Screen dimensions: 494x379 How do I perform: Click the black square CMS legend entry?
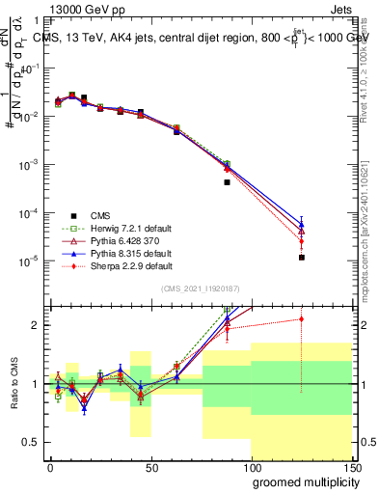(x=72, y=215)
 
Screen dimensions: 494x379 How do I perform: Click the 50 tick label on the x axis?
(x=149, y=467)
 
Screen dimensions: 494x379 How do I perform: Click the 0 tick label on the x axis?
(x=50, y=467)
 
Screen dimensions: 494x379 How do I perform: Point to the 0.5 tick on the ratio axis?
(x=29, y=442)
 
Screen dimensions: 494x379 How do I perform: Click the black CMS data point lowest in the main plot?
(x=302, y=258)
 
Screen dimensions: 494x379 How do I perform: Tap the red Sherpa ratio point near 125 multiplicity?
(x=302, y=318)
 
